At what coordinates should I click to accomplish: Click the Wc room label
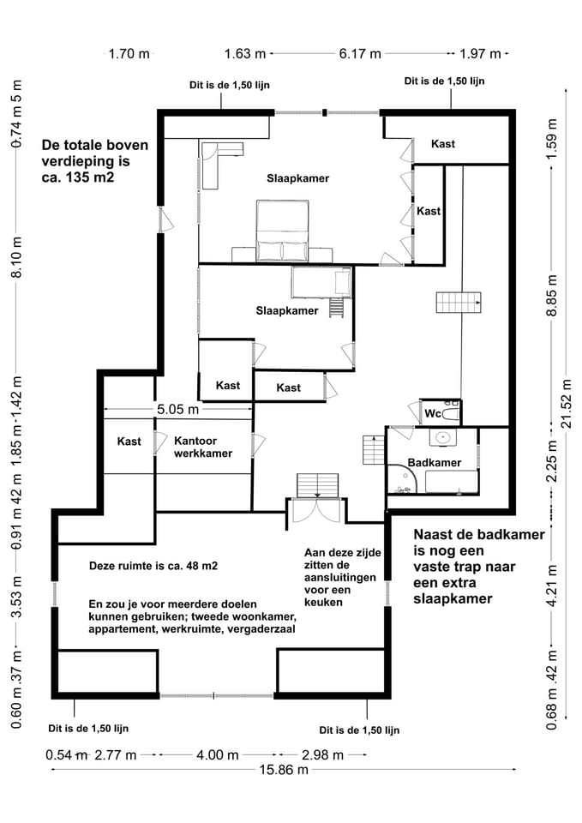point(434,413)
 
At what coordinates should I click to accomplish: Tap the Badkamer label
point(435,463)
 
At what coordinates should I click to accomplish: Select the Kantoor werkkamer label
point(202,448)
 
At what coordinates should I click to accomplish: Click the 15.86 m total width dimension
point(283,770)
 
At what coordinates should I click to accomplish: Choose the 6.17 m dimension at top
point(359,53)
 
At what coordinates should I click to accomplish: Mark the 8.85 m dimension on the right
point(553,296)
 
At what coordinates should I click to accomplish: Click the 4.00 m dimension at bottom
point(217,755)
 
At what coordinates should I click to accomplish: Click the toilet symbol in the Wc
point(452,412)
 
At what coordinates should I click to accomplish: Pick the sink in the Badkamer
point(443,438)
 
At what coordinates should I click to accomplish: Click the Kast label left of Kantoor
point(129,442)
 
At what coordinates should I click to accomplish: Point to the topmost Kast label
point(443,143)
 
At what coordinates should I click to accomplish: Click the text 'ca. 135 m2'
point(79,178)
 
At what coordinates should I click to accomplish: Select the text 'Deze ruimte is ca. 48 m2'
point(153,567)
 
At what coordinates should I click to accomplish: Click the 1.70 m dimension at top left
point(129,53)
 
